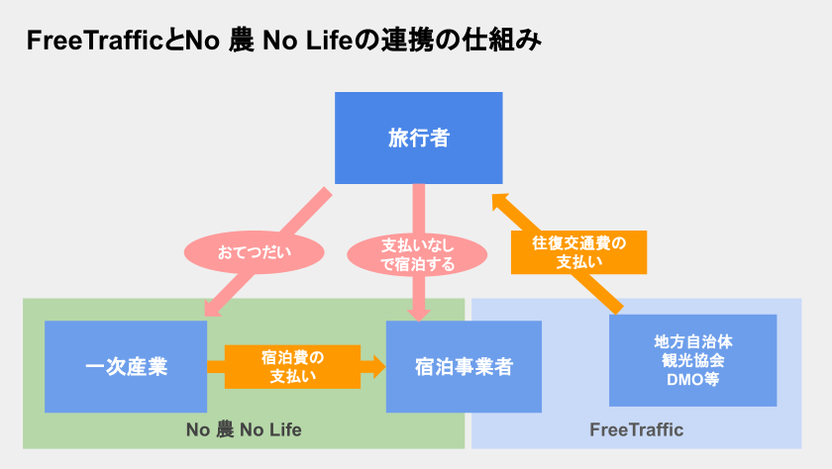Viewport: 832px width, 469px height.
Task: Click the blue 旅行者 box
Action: (x=418, y=138)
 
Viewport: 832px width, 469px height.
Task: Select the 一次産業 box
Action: (x=126, y=366)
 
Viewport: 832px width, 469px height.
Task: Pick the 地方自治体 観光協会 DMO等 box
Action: (x=692, y=360)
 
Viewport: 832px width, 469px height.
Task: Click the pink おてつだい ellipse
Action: (x=255, y=251)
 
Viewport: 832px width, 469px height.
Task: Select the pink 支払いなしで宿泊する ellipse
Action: (x=418, y=253)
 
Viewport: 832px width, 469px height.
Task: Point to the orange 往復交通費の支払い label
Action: (x=579, y=252)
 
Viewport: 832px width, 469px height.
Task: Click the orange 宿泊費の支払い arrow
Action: (x=294, y=366)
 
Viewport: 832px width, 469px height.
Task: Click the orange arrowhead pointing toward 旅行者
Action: (x=502, y=204)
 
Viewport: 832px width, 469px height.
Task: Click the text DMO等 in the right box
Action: (x=692, y=379)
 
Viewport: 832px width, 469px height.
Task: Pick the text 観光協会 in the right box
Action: (x=692, y=360)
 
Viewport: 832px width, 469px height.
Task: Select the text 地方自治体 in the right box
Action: (x=692, y=341)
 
